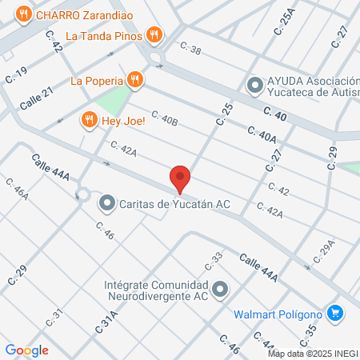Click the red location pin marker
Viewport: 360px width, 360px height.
(x=180, y=178)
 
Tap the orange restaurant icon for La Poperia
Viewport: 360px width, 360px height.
(x=135, y=80)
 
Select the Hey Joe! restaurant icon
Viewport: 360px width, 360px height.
(x=89, y=120)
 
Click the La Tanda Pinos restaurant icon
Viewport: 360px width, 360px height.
(x=155, y=35)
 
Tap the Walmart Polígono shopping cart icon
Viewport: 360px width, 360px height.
(x=335, y=313)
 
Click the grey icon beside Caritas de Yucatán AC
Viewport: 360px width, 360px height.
(x=106, y=204)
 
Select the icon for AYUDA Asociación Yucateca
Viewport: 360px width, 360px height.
(x=255, y=84)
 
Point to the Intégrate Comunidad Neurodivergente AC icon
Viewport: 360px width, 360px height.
(x=221, y=289)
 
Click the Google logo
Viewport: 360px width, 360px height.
(x=26, y=350)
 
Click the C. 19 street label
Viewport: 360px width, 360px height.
(x=16, y=76)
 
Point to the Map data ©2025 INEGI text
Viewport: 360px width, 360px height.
(x=313, y=354)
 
